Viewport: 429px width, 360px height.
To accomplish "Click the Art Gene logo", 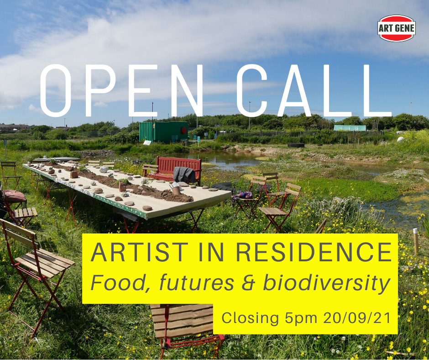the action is point(397,28).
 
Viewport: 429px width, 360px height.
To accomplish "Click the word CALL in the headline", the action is point(314,90).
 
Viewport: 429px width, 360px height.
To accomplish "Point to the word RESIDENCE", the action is point(314,252).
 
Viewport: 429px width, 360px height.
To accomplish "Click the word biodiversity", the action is point(326,282).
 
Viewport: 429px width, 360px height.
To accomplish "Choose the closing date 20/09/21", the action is point(357,318).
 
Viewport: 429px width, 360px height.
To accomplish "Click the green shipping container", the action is point(163,132).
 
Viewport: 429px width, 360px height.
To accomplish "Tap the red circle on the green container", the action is point(183,130).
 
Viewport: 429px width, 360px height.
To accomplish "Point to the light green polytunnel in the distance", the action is point(350,128).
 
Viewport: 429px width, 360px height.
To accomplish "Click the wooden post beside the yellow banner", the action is point(416,241).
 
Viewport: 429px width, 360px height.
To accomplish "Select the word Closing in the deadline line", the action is point(250,318).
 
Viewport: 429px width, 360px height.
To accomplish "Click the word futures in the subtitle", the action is point(197,282).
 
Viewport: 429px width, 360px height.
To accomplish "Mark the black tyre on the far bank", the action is point(296,145).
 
